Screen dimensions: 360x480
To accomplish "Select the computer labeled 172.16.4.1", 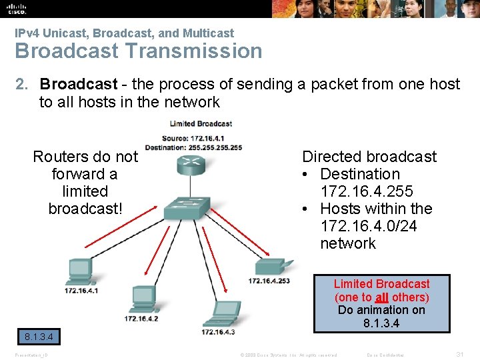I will [79, 271].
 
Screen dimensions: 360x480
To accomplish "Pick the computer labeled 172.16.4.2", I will [143, 297].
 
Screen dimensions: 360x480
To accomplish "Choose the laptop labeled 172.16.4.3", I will [220, 311].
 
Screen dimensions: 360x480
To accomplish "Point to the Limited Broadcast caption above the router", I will [201, 123].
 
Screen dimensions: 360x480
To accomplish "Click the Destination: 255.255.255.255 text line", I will [193, 147].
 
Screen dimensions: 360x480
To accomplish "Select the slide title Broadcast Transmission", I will [139, 51].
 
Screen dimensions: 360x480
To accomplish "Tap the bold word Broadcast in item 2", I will [79, 84].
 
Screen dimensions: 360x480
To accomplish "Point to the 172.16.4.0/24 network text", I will [369, 226].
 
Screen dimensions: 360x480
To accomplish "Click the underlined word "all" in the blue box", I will [381, 297].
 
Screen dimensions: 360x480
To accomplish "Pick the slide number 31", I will [459, 355].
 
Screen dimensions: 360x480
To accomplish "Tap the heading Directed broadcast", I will [369, 157].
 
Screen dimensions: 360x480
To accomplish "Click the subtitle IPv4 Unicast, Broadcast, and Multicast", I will [125, 33].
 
